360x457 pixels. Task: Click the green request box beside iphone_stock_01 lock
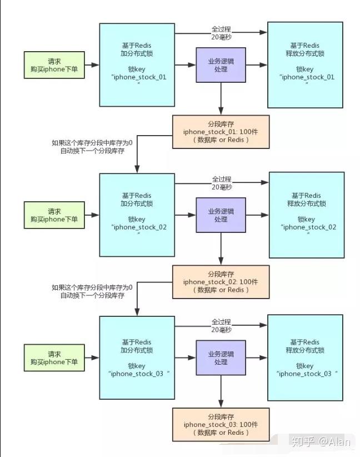pyautogui.click(x=54, y=64)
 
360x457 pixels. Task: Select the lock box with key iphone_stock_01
pyautogui.click(x=137, y=64)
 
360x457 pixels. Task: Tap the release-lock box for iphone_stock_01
pyautogui.click(x=306, y=64)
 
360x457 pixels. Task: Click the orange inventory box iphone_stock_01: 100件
pyautogui.click(x=221, y=132)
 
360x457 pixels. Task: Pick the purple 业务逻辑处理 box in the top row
pyautogui.click(x=221, y=65)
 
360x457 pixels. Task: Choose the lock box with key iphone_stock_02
pyautogui.click(x=137, y=214)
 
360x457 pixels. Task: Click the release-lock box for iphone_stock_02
pyautogui.click(x=306, y=214)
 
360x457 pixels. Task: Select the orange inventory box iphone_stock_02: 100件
pyautogui.click(x=221, y=282)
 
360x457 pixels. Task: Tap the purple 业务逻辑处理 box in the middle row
pyautogui.click(x=221, y=215)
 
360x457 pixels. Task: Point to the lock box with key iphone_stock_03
pyautogui.click(x=137, y=358)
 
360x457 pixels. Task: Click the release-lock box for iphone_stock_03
pyautogui.click(x=305, y=358)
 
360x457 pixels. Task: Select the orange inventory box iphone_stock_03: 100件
pyautogui.click(x=221, y=424)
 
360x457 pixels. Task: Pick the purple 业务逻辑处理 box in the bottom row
pyautogui.click(x=221, y=358)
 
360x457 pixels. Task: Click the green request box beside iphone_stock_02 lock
pyautogui.click(x=54, y=215)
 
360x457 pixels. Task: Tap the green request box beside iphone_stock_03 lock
pyautogui.click(x=54, y=358)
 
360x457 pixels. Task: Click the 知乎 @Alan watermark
pyautogui.click(x=321, y=442)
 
